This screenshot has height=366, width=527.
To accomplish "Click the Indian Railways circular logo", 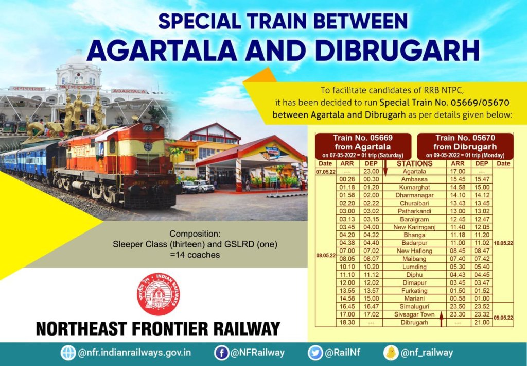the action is tap(159, 294).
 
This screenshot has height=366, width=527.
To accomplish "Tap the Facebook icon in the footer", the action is tap(221, 353).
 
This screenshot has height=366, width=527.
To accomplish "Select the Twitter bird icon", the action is tap(315, 353).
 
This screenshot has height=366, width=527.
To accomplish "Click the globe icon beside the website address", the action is tap(68, 353).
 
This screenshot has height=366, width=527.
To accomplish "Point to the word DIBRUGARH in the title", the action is tap(397, 51).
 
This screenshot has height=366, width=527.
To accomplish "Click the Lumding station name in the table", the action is tap(414, 267).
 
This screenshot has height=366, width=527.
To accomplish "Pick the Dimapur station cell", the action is tap(414, 282).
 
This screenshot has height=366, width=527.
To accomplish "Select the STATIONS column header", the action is tap(414, 163).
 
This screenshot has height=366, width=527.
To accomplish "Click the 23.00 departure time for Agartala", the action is tap(371, 171).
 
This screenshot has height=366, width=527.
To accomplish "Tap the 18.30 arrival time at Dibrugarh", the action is tap(347, 322).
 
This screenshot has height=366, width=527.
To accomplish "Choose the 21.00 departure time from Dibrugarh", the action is tap(482, 322).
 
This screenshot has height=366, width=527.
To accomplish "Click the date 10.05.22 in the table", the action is tap(503, 243).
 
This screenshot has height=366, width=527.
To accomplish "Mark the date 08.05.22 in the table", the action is tap(326, 255).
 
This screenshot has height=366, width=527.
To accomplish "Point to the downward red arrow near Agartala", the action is tap(385, 168).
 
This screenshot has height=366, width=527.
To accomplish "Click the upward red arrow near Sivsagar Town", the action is tap(442, 319).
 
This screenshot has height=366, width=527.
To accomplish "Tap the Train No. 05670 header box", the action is tap(465, 146).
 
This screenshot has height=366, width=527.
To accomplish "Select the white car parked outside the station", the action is tap(204, 186).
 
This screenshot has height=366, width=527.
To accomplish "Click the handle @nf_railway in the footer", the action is tap(427, 353).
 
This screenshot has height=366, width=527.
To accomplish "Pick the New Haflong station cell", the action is tap(414, 251).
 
